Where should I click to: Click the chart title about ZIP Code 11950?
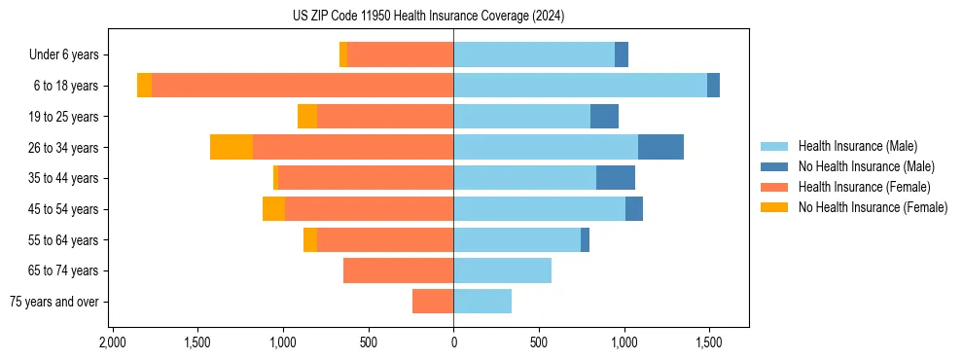pos(428,17)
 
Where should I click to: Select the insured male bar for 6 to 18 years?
pos(580,86)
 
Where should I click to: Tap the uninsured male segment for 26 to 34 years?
pos(660,147)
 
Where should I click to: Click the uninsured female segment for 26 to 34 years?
pos(232,147)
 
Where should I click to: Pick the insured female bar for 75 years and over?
pos(433,302)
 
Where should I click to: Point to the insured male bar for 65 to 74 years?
pos(502,270)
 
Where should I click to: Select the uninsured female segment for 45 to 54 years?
pos(273,209)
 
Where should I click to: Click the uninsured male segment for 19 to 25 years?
pos(604,117)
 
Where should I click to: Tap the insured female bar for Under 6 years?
pos(400,54)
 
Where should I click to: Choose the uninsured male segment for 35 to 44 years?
pos(616,178)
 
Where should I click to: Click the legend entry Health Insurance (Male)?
pos(857,146)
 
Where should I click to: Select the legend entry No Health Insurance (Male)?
pos(865,166)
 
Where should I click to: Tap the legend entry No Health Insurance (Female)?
pos(872,207)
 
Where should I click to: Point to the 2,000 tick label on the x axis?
pos(113,343)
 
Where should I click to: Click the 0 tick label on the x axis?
pos(453,343)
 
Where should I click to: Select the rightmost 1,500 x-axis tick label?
pos(709,343)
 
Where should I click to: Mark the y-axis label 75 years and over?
pos(54,302)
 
